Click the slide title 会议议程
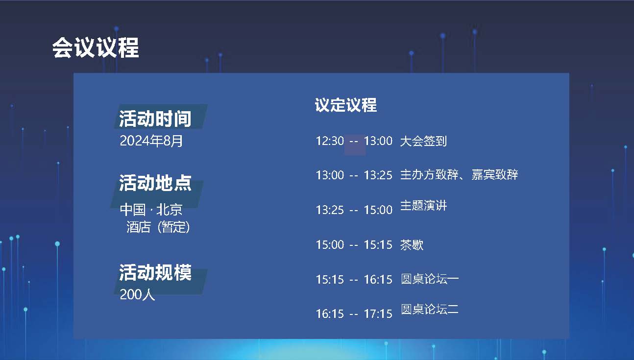(96, 48)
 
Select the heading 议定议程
(345, 105)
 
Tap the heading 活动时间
(155, 119)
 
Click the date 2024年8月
(151, 141)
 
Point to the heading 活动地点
(155, 183)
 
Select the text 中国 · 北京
(151, 210)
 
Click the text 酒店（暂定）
(158, 227)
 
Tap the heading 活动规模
(155, 272)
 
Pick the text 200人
(137, 294)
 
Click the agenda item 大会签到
(423, 141)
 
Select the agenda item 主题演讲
(423, 206)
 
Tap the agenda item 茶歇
(412, 245)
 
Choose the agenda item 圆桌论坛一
(430, 279)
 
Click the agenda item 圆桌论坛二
(430, 309)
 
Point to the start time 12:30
(330, 141)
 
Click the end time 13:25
(378, 175)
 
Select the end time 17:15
(378, 314)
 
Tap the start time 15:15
(330, 280)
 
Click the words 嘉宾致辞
(495, 175)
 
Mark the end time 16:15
(378, 280)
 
